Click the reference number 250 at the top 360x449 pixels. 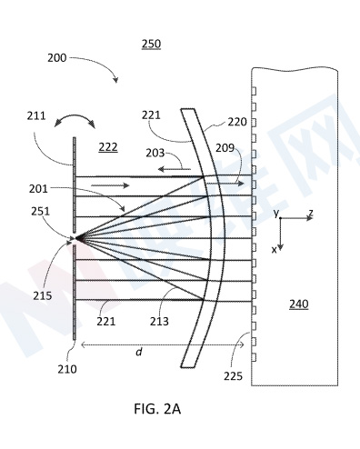[151, 45]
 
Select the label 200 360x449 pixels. [56, 58]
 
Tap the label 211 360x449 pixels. [36, 115]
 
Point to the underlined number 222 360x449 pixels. [108, 147]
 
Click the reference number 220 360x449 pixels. [237, 122]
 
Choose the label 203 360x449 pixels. [155, 153]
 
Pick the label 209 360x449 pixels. [225, 148]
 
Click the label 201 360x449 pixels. [38, 189]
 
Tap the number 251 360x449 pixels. [41, 211]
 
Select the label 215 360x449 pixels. [43, 295]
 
